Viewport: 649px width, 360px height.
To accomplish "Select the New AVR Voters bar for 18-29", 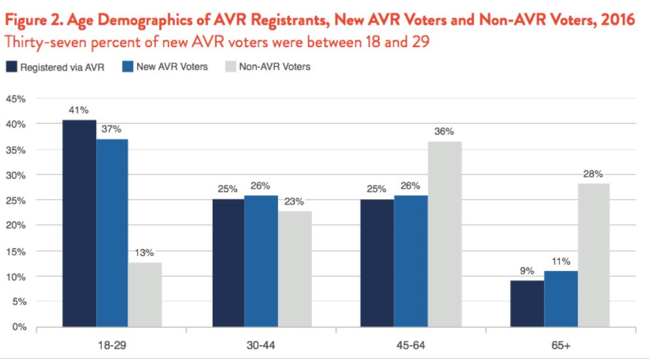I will (x=112, y=233).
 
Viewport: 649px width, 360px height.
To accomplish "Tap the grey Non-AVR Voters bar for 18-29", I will (x=144, y=294).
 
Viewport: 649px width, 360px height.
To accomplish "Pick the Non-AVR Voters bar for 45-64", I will (x=445, y=234).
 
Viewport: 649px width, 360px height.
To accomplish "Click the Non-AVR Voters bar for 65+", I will (x=593, y=255).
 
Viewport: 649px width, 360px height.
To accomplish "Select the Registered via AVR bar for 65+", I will (x=527, y=303).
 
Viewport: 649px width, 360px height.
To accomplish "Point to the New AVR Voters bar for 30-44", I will (x=261, y=261).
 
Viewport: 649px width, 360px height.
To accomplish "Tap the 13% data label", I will (x=144, y=253).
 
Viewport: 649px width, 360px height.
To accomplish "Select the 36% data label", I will (x=445, y=132).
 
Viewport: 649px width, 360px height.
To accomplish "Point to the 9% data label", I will (x=527, y=270).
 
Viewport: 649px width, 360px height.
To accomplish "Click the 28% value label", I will (x=593, y=174).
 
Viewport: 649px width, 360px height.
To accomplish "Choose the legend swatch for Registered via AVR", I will (x=12, y=67).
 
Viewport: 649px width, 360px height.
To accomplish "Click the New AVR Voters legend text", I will (x=172, y=67).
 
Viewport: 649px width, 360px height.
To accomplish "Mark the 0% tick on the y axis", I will (x=18, y=327).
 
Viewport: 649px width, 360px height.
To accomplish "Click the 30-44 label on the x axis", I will (x=261, y=344).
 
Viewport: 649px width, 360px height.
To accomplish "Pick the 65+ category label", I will (x=560, y=344).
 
